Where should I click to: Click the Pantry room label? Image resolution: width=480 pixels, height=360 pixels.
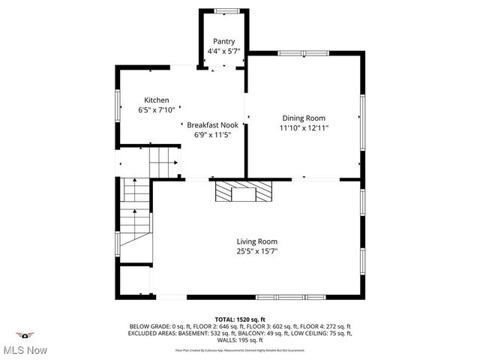coord(224,41)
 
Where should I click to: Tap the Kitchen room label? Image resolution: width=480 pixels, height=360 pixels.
coord(157,100)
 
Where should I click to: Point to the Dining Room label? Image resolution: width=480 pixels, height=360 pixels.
coord(304,118)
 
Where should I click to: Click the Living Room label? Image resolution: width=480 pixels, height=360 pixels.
coord(257,241)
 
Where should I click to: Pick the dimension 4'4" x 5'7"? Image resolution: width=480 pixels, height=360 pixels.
coord(224,52)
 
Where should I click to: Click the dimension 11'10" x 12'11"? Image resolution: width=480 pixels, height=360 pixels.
coord(304,128)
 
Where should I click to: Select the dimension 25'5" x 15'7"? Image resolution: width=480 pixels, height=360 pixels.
coord(257,252)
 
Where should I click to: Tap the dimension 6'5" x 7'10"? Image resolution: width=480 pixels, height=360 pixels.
coord(157,110)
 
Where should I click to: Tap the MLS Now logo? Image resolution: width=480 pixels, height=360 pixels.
coord(25,343)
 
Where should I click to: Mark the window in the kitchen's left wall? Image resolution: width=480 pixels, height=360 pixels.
coord(118,105)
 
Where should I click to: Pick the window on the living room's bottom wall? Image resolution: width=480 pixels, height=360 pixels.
coord(290,297)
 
